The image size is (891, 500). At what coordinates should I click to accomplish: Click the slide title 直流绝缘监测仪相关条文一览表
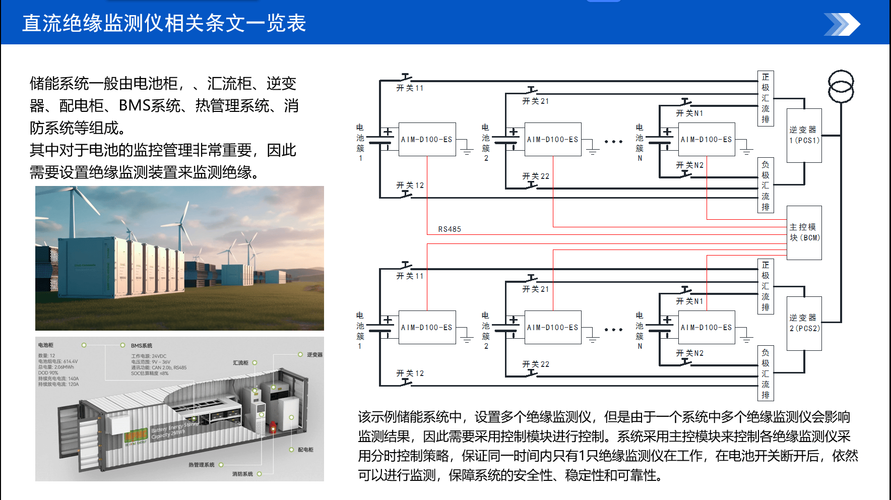tap(164, 23)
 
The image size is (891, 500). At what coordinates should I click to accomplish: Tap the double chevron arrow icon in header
tap(842, 25)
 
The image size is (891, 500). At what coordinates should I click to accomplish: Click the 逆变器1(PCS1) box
tap(804, 135)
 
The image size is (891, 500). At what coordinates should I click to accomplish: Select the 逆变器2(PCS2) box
tap(804, 323)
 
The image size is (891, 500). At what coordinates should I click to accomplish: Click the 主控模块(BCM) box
tap(804, 232)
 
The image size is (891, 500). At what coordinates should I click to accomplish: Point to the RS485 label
tap(449, 229)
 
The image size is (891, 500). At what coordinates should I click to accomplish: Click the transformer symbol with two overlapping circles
tap(841, 87)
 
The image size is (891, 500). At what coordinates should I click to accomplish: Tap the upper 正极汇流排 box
tap(766, 98)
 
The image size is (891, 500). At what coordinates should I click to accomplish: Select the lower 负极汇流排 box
tap(766, 373)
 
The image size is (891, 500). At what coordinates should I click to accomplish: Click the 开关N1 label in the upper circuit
tap(689, 113)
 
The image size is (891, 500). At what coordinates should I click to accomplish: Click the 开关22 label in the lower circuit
tap(535, 364)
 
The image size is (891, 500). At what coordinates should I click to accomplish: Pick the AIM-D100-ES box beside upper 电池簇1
tap(427, 140)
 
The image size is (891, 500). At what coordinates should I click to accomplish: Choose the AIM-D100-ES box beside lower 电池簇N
tap(706, 328)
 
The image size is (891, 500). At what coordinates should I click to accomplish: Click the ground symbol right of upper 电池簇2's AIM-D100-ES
tap(593, 150)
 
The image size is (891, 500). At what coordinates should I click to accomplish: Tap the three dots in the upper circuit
tap(613, 142)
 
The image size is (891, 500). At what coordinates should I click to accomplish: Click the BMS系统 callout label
tap(141, 346)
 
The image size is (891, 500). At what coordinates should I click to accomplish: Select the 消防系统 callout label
tap(242, 474)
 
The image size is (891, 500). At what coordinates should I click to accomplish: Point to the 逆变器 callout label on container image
tap(314, 355)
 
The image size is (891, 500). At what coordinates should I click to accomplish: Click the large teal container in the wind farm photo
tap(86, 267)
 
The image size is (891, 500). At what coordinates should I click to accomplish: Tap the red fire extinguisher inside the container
tap(273, 426)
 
